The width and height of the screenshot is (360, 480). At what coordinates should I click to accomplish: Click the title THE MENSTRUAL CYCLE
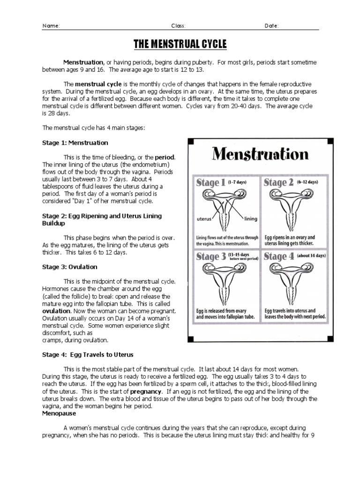click(x=180, y=44)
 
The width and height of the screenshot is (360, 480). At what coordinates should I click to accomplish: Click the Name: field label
click(x=52, y=26)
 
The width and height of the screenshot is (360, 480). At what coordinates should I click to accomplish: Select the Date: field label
click(x=271, y=26)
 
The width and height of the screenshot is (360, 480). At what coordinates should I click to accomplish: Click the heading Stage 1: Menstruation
click(x=75, y=142)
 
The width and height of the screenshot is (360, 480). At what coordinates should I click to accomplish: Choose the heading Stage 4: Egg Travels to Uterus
click(x=88, y=354)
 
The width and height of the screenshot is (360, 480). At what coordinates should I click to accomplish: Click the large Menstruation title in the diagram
click(x=260, y=154)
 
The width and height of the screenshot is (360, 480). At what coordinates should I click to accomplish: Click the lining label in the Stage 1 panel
click(x=250, y=219)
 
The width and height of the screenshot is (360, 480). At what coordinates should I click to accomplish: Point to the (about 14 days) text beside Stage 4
click(x=311, y=256)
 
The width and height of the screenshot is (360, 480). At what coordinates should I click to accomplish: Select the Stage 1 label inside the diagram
click(x=210, y=182)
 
